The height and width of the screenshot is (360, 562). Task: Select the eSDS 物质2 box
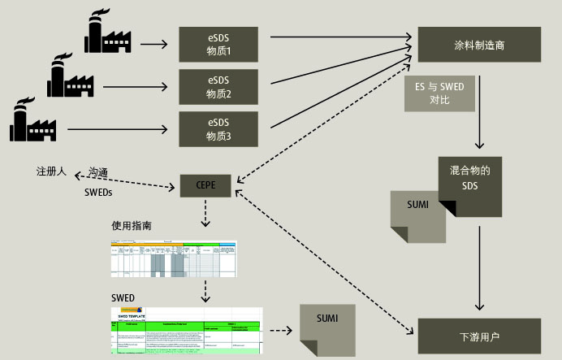(218, 87)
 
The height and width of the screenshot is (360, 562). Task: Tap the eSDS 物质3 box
(218, 129)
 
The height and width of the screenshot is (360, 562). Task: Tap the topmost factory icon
(107, 33)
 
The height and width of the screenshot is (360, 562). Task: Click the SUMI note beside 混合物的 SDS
(417, 216)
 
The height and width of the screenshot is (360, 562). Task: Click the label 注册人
(51, 172)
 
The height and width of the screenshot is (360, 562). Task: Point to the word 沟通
(99, 172)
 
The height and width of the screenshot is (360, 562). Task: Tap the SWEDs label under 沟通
(99, 193)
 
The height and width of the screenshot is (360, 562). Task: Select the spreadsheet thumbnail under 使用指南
(173, 258)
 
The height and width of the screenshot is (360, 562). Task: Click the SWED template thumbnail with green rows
(186, 330)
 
